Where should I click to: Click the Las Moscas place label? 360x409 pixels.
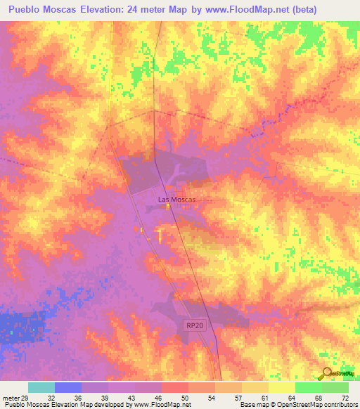point(176,200)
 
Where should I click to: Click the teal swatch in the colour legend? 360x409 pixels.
point(41,387)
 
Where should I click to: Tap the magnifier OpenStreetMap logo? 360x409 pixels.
point(326,375)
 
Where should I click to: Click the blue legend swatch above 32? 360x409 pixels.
point(68,387)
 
